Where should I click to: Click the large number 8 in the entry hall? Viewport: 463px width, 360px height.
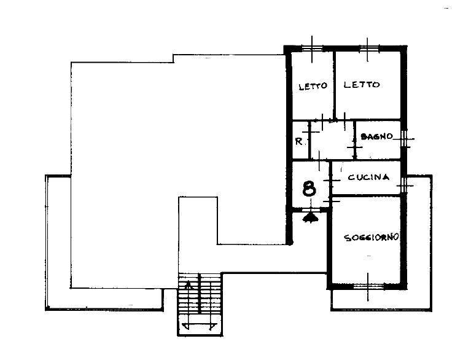tap(309, 189)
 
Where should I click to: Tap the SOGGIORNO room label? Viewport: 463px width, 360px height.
tap(372, 237)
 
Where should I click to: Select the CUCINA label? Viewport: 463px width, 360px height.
tap(368, 177)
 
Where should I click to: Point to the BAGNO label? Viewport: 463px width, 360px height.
tap(377, 136)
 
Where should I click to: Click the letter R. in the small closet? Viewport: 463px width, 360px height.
tap(299, 142)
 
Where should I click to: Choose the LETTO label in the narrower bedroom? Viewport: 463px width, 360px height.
tap(313, 86)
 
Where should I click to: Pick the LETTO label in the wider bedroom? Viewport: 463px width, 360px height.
tap(362, 85)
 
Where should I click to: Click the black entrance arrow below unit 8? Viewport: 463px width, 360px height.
tap(310, 217)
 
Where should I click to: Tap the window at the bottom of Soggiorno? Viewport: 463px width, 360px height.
tap(368, 286)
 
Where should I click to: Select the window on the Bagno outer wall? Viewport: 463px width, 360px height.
tap(404, 138)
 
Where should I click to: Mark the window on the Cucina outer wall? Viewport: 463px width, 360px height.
tap(405, 185)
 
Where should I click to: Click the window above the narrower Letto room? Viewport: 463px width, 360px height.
tap(312, 49)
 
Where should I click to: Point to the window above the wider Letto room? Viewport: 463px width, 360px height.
tap(368, 49)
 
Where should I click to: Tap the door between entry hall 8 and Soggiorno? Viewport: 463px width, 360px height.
tap(331, 202)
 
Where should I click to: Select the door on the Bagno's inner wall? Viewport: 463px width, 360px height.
tap(355, 147)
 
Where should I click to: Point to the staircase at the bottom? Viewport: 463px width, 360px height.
tap(200, 304)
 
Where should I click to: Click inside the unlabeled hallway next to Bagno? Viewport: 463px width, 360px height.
tap(332, 142)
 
